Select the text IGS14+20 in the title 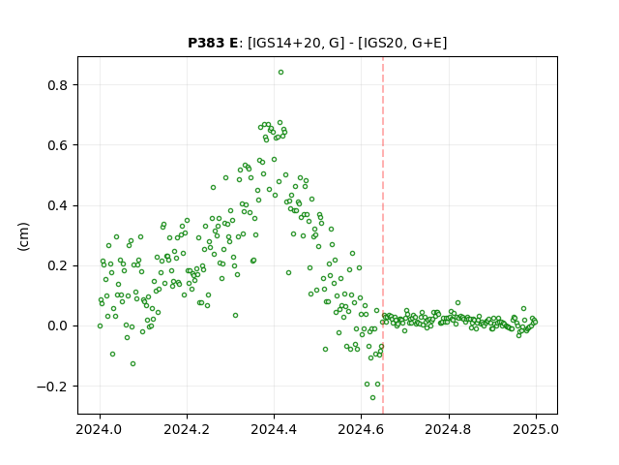pyautogui.click(x=284, y=43)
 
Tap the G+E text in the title pyautogui.click(x=427, y=43)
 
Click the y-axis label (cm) pyautogui.click(x=23, y=236)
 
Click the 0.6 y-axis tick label pyautogui.click(x=57, y=145)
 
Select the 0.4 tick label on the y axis pyautogui.click(x=57, y=205)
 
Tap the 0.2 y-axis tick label pyautogui.click(x=57, y=265)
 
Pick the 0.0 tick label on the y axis pyautogui.click(x=57, y=325)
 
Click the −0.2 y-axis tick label pyautogui.click(x=51, y=387)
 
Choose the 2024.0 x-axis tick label pyautogui.click(x=100, y=429)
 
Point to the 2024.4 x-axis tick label pyautogui.click(x=274, y=429)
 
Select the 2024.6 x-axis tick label pyautogui.click(x=361, y=429)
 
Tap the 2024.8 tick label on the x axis pyautogui.click(x=448, y=429)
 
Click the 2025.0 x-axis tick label pyautogui.click(x=536, y=429)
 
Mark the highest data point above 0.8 pyautogui.click(x=280, y=73)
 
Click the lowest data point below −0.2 pyautogui.click(x=372, y=398)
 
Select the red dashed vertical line pyautogui.click(x=383, y=235)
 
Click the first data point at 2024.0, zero pyautogui.click(x=100, y=326)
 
